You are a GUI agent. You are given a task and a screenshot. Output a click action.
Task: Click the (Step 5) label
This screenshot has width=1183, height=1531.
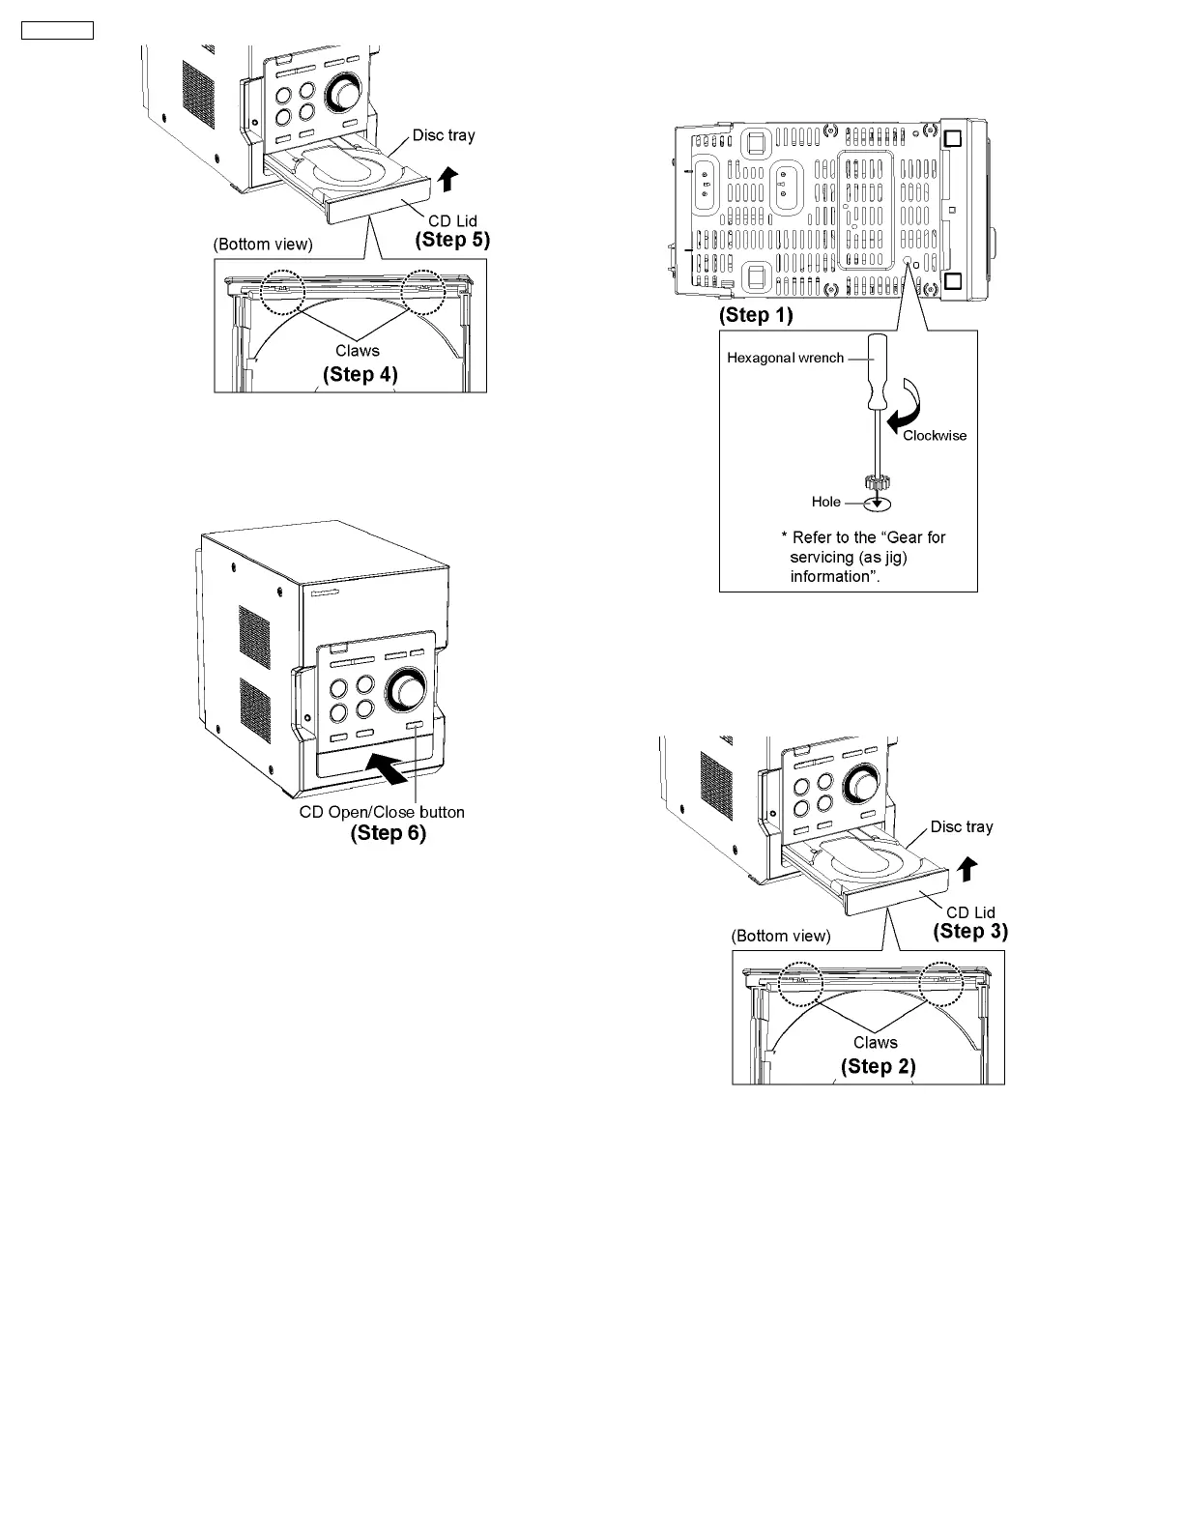[452, 240]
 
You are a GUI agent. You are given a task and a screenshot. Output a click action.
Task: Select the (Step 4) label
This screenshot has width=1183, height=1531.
[360, 374]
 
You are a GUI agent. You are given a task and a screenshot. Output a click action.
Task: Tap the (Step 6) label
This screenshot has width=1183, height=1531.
[388, 832]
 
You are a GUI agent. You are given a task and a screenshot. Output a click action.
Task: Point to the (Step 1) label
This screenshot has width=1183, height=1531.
[756, 315]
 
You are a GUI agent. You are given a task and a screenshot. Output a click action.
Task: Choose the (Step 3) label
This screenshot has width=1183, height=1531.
[969, 932]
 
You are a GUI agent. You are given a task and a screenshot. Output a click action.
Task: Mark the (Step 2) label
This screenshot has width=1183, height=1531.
[878, 1066]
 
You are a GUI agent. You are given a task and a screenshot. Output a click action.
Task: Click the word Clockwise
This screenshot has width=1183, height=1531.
[935, 435]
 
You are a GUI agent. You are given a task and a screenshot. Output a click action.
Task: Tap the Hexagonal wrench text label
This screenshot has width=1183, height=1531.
[785, 358]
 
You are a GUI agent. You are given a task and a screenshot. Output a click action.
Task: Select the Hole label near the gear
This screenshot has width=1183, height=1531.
[826, 502]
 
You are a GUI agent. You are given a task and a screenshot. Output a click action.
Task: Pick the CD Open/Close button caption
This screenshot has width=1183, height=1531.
[382, 812]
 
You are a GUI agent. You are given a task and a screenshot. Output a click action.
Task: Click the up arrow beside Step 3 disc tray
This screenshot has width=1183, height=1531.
[966, 869]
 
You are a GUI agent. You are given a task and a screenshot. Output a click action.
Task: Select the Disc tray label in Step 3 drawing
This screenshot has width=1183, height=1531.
[961, 826]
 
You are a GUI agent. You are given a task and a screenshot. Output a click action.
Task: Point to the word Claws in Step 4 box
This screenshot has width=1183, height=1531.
[357, 351]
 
